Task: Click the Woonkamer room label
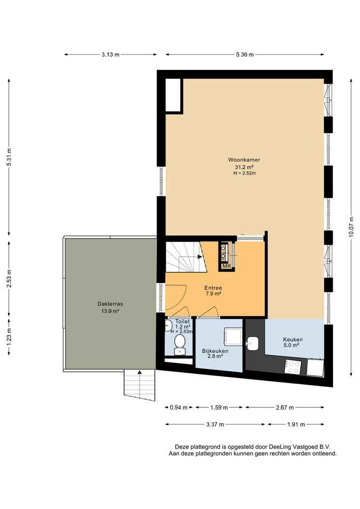click(x=244, y=160)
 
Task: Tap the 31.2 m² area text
click(x=244, y=167)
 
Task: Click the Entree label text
click(x=213, y=287)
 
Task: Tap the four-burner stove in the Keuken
click(x=293, y=367)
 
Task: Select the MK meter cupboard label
click(x=227, y=266)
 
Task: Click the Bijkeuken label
click(x=215, y=351)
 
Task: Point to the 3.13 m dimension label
click(x=110, y=55)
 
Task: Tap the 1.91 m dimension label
click(x=296, y=424)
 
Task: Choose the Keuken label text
click(x=293, y=339)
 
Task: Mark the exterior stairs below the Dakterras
click(x=139, y=384)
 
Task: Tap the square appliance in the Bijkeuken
click(x=232, y=336)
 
